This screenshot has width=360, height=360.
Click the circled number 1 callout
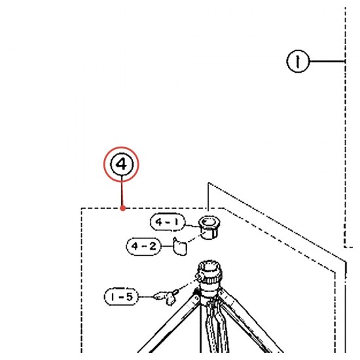click(298, 62)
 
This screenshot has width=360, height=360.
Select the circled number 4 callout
click(122, 164)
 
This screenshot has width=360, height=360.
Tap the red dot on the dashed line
click(123, 208)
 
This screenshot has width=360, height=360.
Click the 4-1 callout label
click(168, 222)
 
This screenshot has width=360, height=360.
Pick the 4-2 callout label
click(144, 246)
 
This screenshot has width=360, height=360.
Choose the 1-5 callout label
click(122, 297)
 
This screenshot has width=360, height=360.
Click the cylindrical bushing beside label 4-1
click(209, 228)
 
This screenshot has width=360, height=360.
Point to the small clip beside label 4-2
click(180, 247)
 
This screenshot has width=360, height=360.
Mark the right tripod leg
click(250, 321)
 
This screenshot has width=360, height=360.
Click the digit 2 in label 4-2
click(153, 246)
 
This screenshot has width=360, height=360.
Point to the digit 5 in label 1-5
click(129, 297)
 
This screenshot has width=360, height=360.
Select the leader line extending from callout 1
click(327, 62)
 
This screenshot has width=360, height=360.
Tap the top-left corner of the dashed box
click(81, 208)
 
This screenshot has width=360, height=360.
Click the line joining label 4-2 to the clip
click(167, 246)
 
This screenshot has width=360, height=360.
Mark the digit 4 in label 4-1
click(158, 222)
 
